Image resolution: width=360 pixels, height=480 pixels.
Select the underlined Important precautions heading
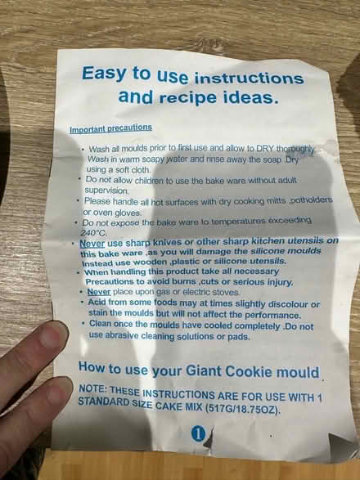pyautogui.click(x=111, y=128)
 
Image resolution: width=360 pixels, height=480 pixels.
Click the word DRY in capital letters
pyautogui.click(x=265, y=148)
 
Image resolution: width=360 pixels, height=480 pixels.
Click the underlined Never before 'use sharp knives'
pyautogui.click(x=92, y=244)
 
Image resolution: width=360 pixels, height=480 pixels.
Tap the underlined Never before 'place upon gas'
pyautogui.click(x=99, y=292)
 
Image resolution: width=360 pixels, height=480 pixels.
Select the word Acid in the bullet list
pyautogui.click(x=97, y=302)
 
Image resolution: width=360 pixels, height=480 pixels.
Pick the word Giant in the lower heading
pyautogui.click(x=204, y=371)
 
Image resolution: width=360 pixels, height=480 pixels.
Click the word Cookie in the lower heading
pyautogui.click(x=249, y=371)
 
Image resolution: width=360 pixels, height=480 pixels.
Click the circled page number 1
pyautogui.click(x=198, y=433)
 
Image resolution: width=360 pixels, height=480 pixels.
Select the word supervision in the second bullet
pyautogui.click(x=106, y=191)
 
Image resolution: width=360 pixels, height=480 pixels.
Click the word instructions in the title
pyautogui.click(x=249, y=79)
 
